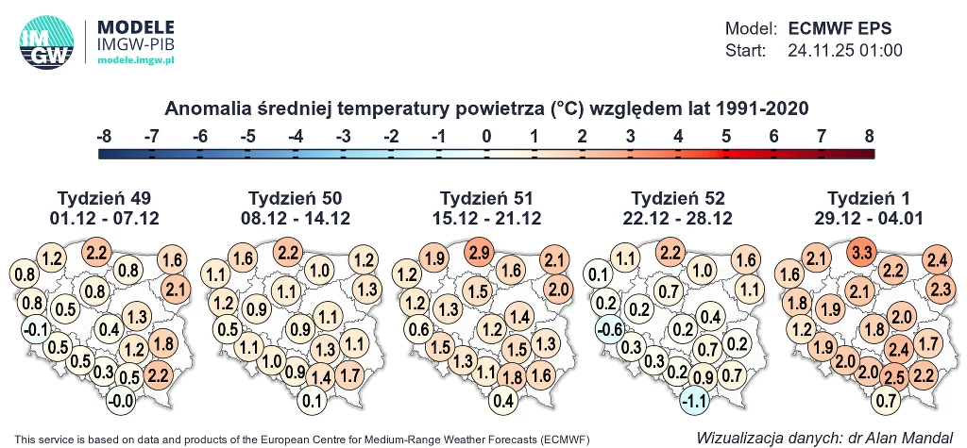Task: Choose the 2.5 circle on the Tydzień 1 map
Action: pos(894,377)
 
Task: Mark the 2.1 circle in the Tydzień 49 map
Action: pos(176,289)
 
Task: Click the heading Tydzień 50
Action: pos(295,198)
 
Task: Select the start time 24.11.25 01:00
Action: pos(845,51)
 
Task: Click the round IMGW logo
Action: pos(46,44)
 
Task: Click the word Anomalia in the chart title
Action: pos(204,108)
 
